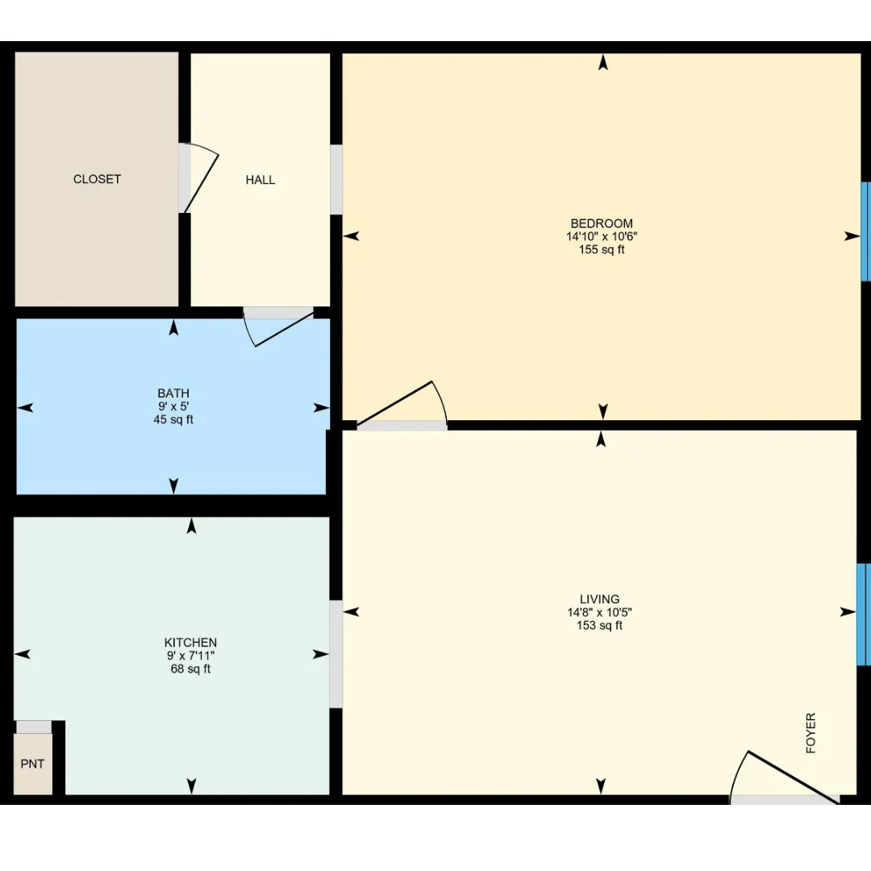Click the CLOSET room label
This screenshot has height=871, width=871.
pos(98,179)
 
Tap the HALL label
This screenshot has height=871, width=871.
pos(260,180)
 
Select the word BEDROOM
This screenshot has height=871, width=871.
pos(602,223)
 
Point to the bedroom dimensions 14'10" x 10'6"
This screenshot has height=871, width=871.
pos(602,236)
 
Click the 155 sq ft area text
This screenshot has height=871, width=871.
pos(602,249)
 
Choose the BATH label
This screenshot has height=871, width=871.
pos(173,394)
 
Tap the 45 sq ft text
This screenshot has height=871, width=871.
pos(173,419)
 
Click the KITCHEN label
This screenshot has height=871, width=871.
pos(190,642)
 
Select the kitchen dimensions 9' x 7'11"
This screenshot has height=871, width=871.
pos(190,656)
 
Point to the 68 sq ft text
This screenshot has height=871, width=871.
pos(190,669)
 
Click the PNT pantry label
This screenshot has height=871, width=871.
pos(32,764)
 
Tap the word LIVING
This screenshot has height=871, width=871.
pos(599,599)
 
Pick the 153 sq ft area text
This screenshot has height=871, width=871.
pos(599,626)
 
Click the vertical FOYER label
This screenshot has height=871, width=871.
pos(811,733)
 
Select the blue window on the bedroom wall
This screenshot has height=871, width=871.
pos(865,231)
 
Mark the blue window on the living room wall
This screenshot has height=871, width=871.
pos(863,615)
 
